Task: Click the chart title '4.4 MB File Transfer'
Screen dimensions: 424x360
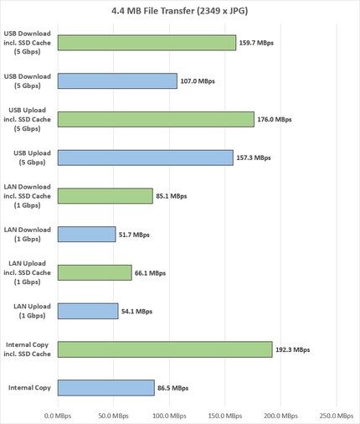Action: coord(179,11)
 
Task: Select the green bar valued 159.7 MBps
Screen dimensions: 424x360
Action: coord(147,43)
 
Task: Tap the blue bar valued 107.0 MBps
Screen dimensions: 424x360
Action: coord(117,80)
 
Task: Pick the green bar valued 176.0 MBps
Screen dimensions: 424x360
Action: coord(155,119)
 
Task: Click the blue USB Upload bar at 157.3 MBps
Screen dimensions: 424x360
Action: coord(145,158)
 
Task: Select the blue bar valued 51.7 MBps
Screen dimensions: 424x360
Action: coord(86,235)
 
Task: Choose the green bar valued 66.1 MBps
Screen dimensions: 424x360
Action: coord(95,272)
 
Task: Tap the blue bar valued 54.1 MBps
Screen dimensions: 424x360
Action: coord(87,311)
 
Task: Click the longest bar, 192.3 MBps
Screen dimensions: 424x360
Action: coord(164,349)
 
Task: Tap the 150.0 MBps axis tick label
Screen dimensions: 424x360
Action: coord(224,415)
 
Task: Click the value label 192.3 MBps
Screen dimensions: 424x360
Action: coord(293,349)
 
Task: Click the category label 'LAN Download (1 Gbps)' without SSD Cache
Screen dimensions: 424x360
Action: coord(29,234)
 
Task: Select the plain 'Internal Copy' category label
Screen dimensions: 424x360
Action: coord(29,388)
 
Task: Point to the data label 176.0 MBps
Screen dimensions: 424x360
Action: coord(275,119)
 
